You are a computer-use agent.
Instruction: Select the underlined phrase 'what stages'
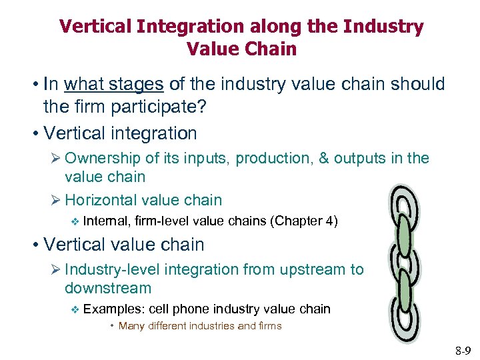coord(114,84)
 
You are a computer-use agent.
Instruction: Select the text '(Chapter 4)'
coord(304,221)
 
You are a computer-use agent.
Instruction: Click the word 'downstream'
coord(108,288)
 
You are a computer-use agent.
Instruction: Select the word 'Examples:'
coord(115,309)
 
